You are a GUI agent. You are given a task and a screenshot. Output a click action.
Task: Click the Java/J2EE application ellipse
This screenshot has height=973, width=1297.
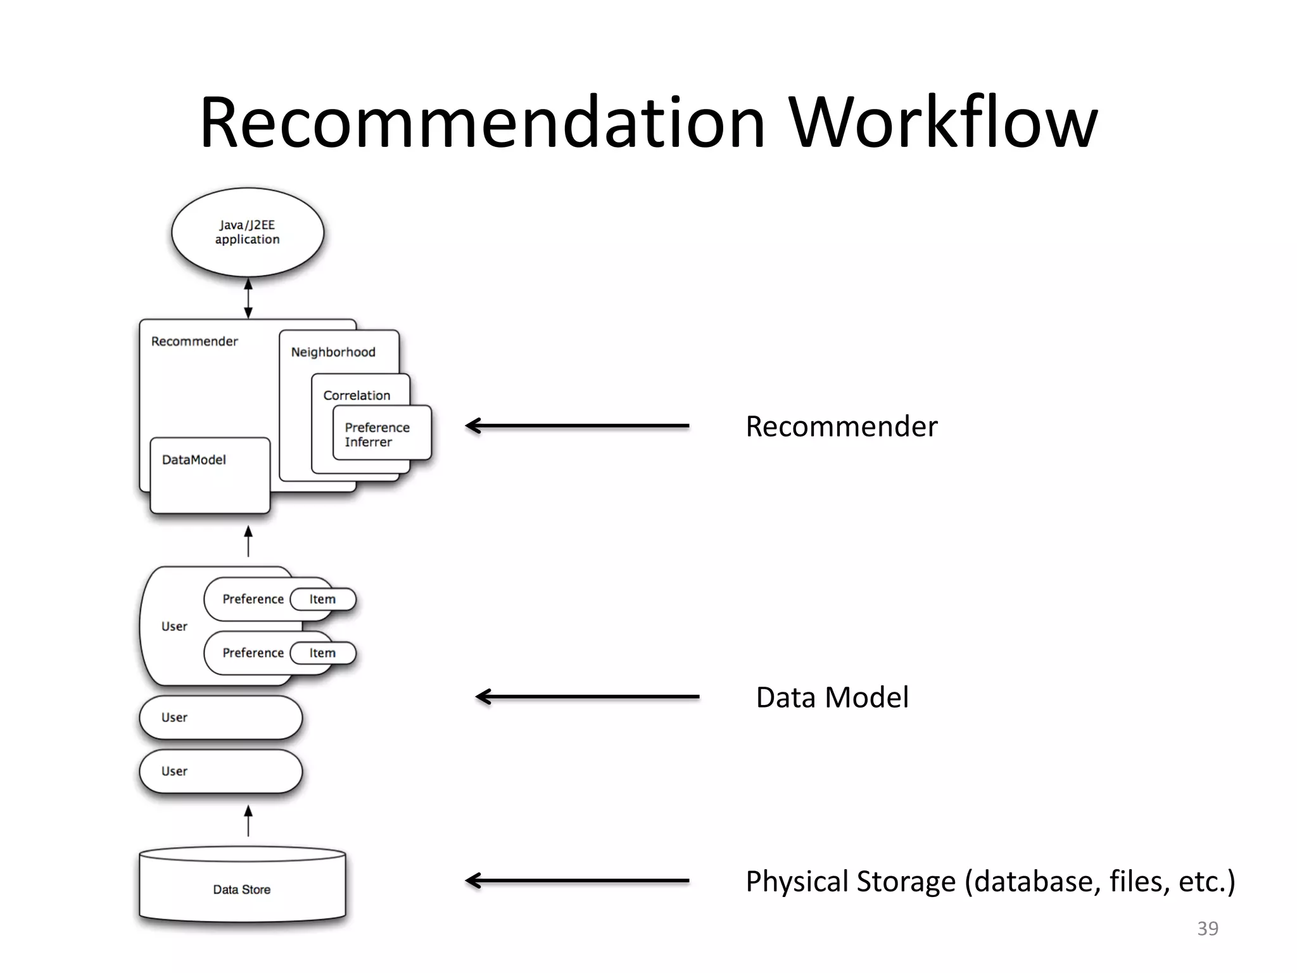point(247,232)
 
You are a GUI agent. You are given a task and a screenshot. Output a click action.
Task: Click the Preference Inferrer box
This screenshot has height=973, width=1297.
point(382,434)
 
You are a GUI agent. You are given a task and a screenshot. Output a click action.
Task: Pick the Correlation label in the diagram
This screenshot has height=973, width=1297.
point(357,395)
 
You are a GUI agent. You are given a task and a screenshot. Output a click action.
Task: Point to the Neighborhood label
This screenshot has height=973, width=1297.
point(333,352)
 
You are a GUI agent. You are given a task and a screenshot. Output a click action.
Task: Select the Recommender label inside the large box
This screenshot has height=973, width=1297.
point(194,341)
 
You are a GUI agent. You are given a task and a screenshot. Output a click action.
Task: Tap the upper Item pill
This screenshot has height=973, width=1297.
point(323,599)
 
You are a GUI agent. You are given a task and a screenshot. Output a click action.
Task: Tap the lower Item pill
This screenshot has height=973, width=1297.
point(323,653)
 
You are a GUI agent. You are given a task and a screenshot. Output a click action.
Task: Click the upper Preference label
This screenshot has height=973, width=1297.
point(253,599)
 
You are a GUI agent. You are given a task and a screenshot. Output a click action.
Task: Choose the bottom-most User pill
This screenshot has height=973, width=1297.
point(220,771)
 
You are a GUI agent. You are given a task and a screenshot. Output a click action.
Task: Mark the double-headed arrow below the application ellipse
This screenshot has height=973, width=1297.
point(248,298)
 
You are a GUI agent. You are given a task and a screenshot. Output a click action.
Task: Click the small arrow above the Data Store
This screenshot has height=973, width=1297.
point(248,821)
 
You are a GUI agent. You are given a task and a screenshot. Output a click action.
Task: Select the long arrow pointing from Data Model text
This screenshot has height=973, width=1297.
point(587,697)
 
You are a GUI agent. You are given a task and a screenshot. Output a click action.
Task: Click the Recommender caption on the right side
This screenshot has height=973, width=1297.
point(841,426)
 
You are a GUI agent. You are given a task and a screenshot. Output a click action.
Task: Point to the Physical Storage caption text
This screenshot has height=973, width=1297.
point(990,881)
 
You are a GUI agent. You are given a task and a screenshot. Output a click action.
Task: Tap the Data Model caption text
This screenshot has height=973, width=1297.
point(832,697)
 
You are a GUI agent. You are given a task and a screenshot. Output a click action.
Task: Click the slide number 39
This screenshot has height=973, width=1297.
point(1207,929)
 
